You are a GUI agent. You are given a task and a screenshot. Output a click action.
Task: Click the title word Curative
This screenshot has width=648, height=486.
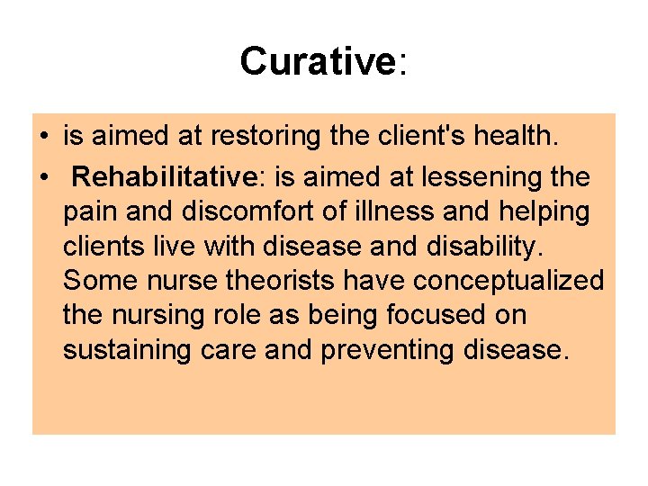(318, 61)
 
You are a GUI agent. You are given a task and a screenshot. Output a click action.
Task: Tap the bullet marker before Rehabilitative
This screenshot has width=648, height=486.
(43, 177)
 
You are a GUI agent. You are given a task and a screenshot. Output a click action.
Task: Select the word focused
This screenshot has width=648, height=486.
(435, 316)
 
